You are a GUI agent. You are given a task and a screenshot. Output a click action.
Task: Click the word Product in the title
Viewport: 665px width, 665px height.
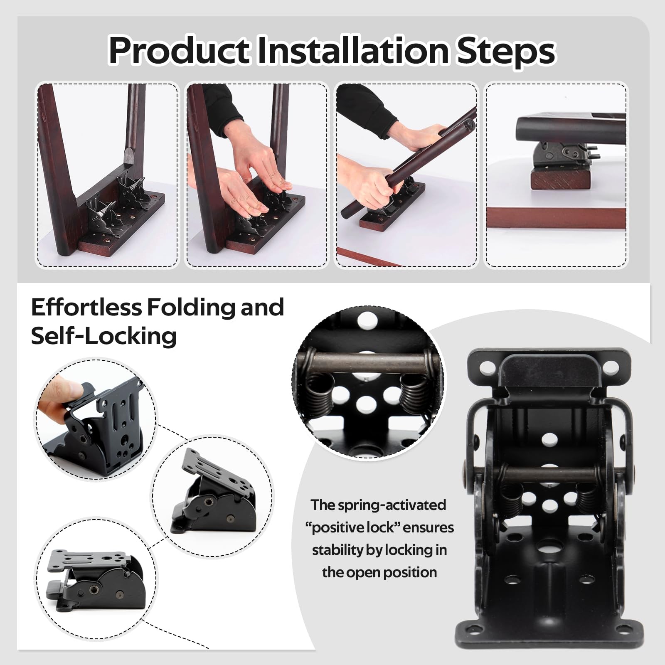pos(179,51)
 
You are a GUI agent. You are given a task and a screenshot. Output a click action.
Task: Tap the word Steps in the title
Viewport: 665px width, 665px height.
pos(506,52)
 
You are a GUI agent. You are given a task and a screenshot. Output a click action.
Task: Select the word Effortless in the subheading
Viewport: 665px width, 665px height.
pos(86,307)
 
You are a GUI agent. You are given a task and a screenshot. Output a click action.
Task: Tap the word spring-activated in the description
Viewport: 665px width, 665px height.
pos(392,505)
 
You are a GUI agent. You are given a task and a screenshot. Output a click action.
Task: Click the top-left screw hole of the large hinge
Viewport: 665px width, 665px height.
pos(485,367)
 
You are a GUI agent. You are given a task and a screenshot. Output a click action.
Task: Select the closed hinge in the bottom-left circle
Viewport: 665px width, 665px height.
pos(96,580)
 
